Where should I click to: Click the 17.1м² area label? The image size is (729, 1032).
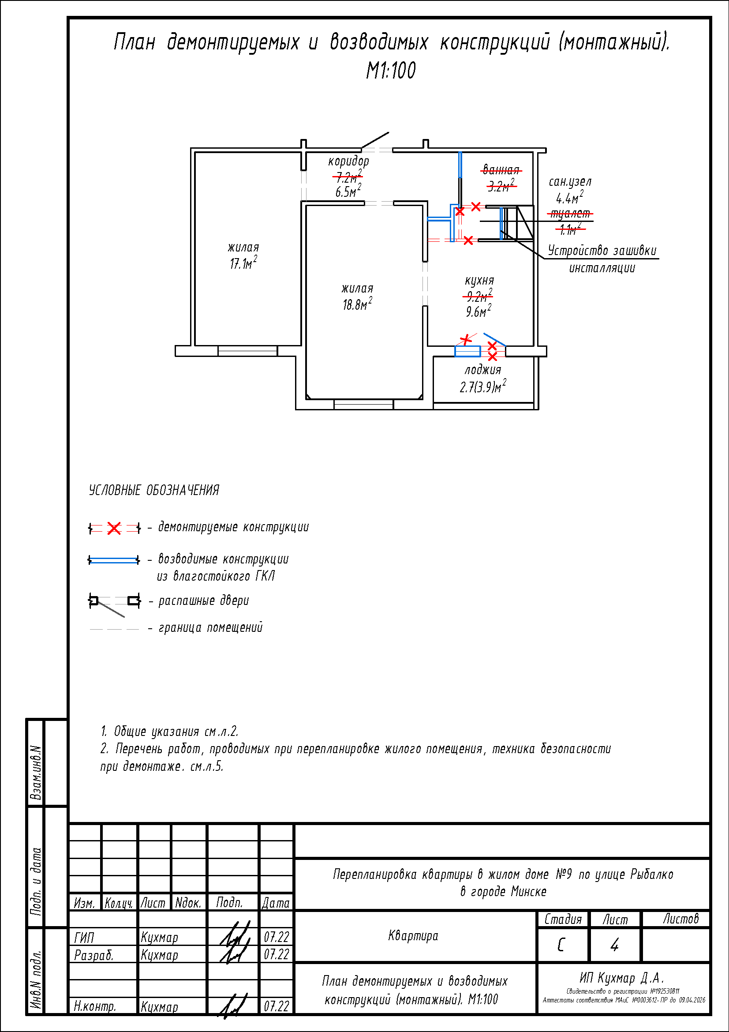pos(243,263)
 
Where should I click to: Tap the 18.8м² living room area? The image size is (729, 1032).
pos(357,304)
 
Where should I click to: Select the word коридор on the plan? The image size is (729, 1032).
pos(348,161)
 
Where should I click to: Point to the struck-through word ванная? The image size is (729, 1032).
pos(501,170)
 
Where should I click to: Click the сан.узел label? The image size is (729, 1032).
pos(570,182)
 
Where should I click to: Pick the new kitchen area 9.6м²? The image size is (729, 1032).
pos(479,311)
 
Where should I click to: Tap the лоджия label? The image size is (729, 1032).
pos(483,370)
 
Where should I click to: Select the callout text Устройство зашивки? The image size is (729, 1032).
pos(602,251)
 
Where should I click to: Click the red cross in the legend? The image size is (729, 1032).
pos(114,528)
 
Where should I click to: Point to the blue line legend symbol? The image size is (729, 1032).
pos(114,560)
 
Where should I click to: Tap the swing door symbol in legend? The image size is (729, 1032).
pos(114,602)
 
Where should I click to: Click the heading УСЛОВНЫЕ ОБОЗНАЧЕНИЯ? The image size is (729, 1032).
pos(154,490)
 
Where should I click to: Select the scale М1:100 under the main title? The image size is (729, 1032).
pos(391,71)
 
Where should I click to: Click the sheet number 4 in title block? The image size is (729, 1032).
pos(614,945)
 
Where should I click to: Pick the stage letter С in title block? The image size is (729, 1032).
pos(561,945)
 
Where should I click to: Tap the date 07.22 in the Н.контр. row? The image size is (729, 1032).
pos(276,1006)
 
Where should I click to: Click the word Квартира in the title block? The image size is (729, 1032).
pos(413,936)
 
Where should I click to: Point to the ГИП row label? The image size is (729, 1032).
pos(84,938)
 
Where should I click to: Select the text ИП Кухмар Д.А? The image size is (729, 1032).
pos(622,978)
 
